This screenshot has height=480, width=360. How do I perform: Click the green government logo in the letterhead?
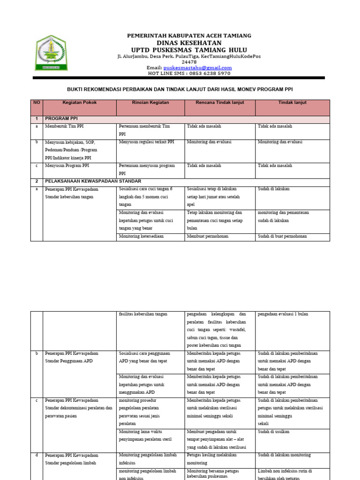pos(52,52)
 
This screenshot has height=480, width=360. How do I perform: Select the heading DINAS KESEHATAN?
pos(189,43)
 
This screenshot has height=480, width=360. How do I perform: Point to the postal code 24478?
pos(189,62)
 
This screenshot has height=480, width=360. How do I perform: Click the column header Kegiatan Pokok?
pos(80,103)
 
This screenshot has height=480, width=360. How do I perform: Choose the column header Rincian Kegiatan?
pos(150,103)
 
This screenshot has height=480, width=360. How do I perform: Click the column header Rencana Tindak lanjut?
pos(220,103)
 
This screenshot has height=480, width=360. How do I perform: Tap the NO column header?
pos(37,103)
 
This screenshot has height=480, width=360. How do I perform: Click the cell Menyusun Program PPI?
pos(66,165)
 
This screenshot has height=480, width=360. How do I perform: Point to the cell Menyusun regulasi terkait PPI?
pos(147,142)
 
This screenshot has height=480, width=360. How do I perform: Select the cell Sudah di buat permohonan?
pos(282,236)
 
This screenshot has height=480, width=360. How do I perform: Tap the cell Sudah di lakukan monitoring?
pos(284,455)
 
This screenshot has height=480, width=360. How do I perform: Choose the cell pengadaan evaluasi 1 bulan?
pos(283,314)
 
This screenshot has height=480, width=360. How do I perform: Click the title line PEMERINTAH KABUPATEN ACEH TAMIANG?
pos(189,36)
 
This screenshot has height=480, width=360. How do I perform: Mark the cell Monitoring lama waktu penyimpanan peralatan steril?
pos(145,435)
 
